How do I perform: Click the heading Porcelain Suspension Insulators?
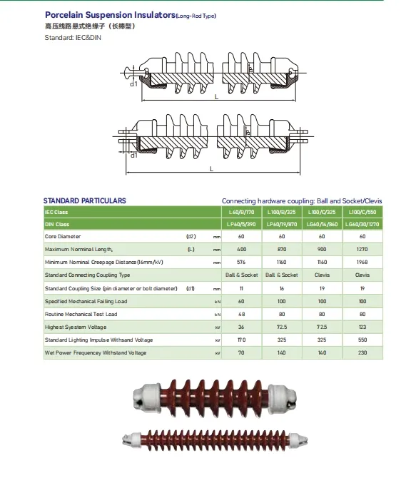click(110, 15)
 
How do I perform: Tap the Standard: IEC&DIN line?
click(73, 38)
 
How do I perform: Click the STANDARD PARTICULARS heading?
click(84, 200)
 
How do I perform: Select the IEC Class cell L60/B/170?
click(241, 212)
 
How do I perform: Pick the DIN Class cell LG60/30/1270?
click(362, 224)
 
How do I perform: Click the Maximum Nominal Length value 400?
click(241, 249)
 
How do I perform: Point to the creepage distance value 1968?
click(362, 262)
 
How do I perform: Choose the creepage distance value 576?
click(241, 262)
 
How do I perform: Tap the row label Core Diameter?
click(63, 236)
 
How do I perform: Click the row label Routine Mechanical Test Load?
click(81, 314)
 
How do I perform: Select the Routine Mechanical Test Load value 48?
click(241, 314)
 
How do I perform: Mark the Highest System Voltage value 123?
click(362, 327)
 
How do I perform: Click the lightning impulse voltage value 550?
click(362, 340)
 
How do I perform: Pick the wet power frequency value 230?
click(362, 352)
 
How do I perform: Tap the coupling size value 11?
click(241, 288)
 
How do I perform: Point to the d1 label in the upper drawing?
click(133, 84)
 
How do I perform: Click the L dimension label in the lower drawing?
click(212, 169)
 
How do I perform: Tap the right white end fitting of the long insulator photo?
click(298, 440)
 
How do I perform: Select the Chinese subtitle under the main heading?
click(90, 26)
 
